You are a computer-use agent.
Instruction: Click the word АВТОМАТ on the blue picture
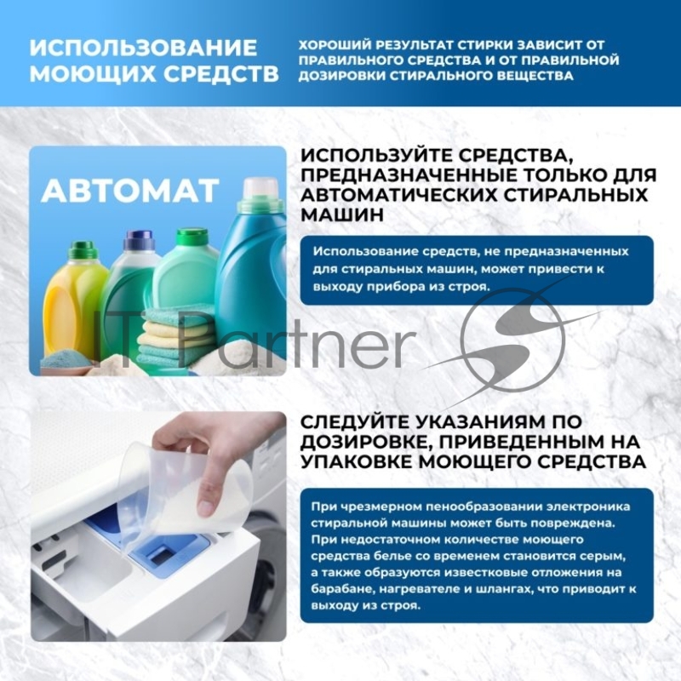tap(129, 191)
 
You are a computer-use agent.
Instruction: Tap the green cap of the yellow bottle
tap(83, 249)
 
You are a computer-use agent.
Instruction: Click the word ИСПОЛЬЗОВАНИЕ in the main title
tap(142, 47)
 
